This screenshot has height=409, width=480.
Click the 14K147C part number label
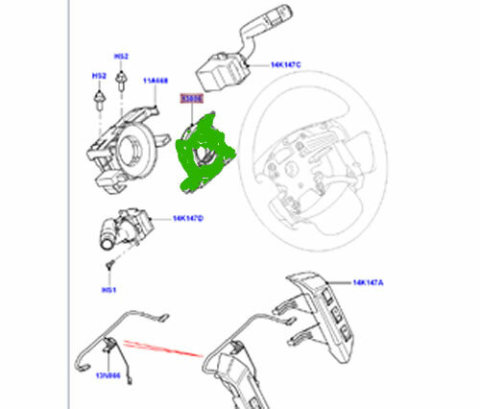coord(286,65)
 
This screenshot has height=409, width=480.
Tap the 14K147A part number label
coord(369,283)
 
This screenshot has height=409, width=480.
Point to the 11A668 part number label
coord(156,83)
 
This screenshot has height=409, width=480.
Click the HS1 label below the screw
coord(108,289)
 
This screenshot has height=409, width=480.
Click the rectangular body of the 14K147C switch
coord(217,70)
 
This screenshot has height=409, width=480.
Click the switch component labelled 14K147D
coord(125,228)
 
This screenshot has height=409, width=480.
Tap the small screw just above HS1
coord(109,261)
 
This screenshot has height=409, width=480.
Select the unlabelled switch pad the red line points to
coord(235,370)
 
